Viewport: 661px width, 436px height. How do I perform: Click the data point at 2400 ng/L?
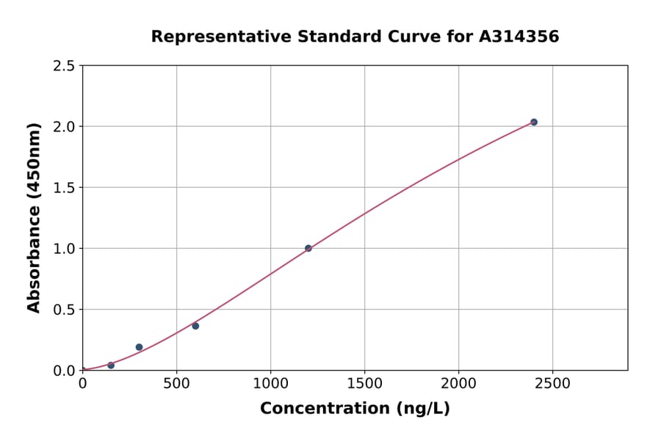coord(534,122)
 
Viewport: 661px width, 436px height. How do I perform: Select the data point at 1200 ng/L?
coord(308,248)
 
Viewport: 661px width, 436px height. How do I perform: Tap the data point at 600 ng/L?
coord(195,326)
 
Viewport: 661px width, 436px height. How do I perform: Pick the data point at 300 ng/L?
coord(139,347)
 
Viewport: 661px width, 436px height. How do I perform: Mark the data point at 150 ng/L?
coord(111,366)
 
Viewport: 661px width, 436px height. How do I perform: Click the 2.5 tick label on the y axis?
coord(65,66)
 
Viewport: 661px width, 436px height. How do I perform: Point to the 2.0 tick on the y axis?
coord(65,127)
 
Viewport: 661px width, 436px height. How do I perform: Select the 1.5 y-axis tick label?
coord(65,188)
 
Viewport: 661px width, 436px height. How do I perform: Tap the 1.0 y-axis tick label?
coord(65,249)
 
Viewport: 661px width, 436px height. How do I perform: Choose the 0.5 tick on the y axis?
coord(65,310)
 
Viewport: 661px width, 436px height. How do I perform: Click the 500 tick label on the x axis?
coord(176,384)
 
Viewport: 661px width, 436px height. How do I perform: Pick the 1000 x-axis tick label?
coord(270,384)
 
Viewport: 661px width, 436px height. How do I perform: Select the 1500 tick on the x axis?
coord(364,384)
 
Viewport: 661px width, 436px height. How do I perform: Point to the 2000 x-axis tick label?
coord(458,384)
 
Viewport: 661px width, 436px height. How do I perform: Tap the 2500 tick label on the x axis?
coord(552,384)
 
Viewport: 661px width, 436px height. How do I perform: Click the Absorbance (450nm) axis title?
coord(34,217)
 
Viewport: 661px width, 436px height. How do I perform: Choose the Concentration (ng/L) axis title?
coord(355,408)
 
